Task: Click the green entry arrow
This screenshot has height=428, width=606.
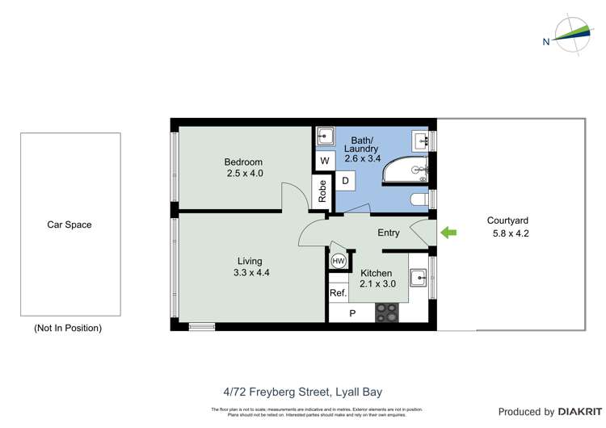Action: (x=448, y=233)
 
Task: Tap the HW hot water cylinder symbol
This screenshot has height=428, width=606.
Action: (x=338, y=262)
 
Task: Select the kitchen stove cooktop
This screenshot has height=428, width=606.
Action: (x=387, y=313)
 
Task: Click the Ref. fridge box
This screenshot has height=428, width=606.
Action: (x=338, y=293)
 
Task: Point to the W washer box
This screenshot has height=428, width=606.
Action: (x=324, y=161)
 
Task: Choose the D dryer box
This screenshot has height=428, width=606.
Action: (x=345, y=181)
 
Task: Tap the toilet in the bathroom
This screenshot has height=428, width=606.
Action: (x=420, y=199)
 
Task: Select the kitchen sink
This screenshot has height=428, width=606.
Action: (x=419, y=278)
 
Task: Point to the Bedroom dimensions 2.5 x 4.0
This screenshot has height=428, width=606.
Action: (x=244, y=174)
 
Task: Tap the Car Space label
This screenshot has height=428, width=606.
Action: (x=69, y=224)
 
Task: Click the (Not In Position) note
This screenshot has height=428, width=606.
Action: (x=68, y=328)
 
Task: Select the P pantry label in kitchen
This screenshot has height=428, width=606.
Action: (x=351, y=313)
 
